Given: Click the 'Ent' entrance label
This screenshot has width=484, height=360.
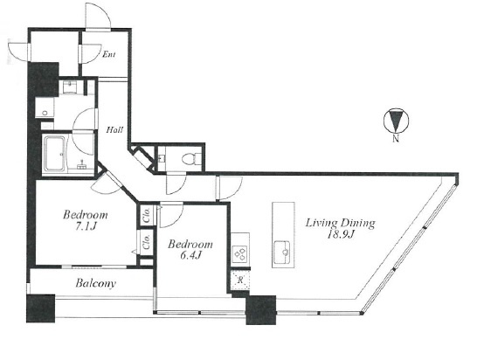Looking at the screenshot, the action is pyautogui.click(x=109, y=55).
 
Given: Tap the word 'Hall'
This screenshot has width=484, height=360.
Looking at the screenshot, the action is pyautogui.click(x=114, y=129).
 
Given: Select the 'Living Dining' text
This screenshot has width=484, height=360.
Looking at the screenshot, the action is pyautogui.click(x=340, y=223).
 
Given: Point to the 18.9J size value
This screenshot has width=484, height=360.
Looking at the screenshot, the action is pyautogui.click(x=340, y=235).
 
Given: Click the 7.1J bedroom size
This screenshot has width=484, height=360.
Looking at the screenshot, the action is pyautogui.click(x=86, y=227).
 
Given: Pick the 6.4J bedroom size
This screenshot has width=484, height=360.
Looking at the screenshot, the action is pyautogui.click(x=190, y=256).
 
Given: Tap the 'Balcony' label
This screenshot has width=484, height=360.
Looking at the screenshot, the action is pyautogui.click(x=96, y=283).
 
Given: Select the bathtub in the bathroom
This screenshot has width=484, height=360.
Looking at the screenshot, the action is pyautogui.click(x=55, y=154).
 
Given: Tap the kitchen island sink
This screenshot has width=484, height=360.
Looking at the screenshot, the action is pyautogui.click(x=282, y=253).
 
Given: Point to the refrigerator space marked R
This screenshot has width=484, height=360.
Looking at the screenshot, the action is pyautogui.click(x=240, y=280).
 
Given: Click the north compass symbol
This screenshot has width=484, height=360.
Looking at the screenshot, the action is pyautogui.click(x=396, y=121).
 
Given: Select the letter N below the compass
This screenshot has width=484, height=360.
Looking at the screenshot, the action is pyautogui.click(x=396, y=139).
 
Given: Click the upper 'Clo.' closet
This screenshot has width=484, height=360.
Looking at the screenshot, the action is pyautogui.click(x=147, y=215).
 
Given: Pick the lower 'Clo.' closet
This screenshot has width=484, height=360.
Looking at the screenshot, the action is pyautogui.click(x=146, y=243).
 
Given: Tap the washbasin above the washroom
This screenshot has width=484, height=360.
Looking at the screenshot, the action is pyautogui.click(x=72, y=87).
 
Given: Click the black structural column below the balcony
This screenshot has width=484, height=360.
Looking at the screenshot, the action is pyautogui.click(x=41, y=308).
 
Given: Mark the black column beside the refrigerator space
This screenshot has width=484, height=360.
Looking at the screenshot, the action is pyautogui.click(x=261, y=309).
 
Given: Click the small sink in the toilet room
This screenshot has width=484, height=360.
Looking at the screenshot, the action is pyautogui.click(x=162, y=159).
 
